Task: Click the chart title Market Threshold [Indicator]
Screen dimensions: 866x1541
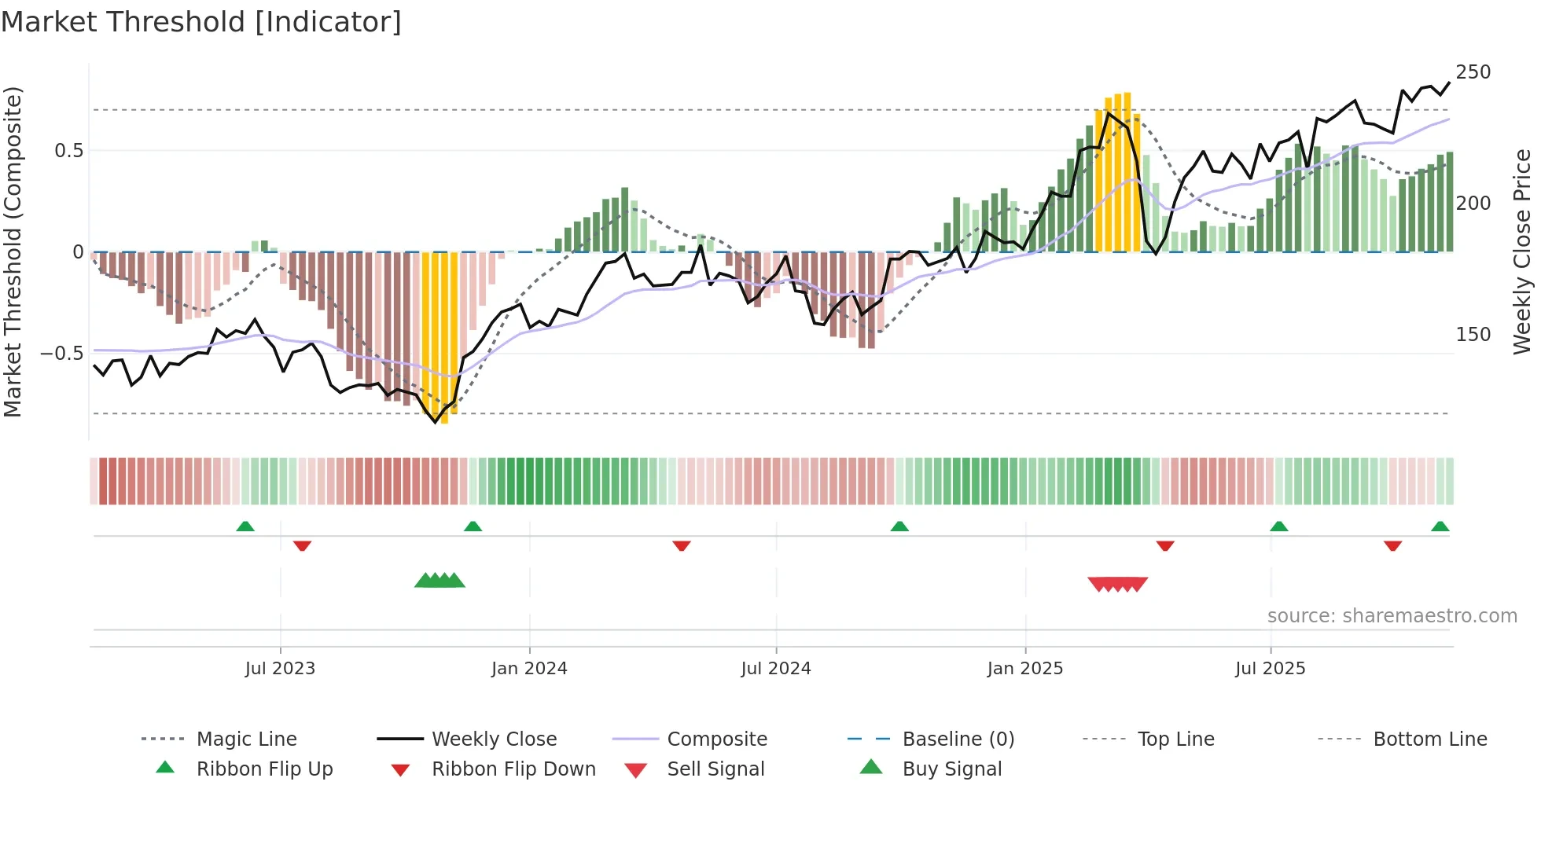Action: coord(201,22)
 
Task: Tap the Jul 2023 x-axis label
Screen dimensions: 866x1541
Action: coord(280,669)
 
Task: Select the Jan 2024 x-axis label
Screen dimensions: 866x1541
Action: coord(529,669)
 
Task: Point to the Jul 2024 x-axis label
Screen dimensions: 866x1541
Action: coord(776,669)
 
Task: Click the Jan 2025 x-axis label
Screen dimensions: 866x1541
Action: coord(1025,669)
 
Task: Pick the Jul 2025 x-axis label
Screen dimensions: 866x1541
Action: coord(1271,669)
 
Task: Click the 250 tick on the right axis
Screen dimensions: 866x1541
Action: coord(1473,72)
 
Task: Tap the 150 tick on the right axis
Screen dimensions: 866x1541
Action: coord(1473,335)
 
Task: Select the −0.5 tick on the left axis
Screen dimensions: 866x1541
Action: coord(62,354)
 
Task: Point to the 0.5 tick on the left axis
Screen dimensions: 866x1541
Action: coord(69,151)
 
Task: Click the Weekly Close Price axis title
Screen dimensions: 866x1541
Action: coord(1523,251)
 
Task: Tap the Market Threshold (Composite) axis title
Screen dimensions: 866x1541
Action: coord(13,251)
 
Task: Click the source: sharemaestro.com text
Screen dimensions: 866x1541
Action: coord(1392,616)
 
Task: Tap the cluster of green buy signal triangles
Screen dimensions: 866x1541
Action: coord(440,582)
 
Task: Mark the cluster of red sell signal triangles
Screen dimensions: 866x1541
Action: coord(1117,584)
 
